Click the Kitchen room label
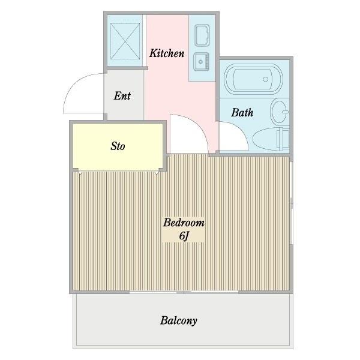tap(167, 53)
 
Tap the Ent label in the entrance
tap(122, 96)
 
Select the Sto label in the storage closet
tap(118, 146)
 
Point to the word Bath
tap(242, 112)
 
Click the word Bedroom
tap(184, 223)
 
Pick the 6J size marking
tap(184, 236)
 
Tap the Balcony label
tap(179, 320)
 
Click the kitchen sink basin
tap(202, 35)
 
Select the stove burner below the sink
tap(202, 62)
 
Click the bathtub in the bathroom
tap(253, 79)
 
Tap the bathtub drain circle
tap(266, 79)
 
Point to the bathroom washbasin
tap(280, 112)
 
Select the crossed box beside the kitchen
tap(125, 41)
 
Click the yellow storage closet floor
tap(118, 147)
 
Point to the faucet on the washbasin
tap(286, 112)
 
